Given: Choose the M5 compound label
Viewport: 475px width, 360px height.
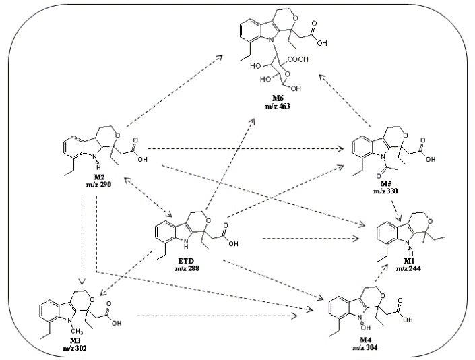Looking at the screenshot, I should coord(381,184).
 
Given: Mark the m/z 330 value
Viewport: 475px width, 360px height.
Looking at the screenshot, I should coord(381,192).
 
